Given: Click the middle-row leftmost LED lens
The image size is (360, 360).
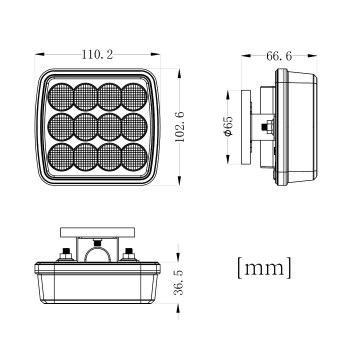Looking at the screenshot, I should [x=61, y=128].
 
